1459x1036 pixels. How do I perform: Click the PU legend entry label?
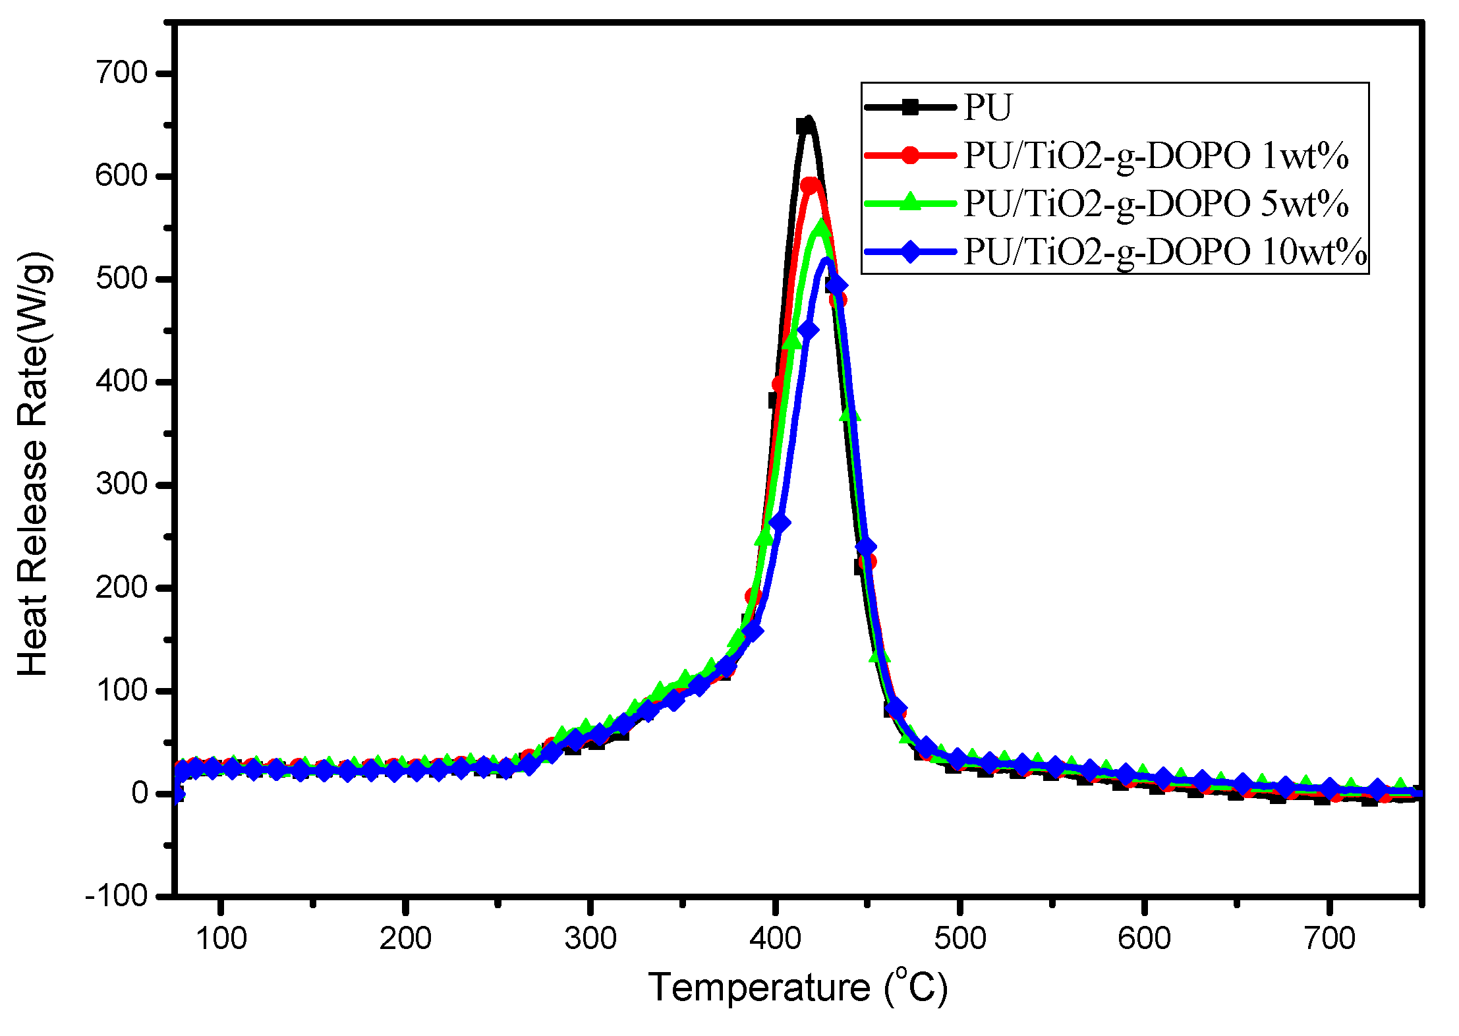987,107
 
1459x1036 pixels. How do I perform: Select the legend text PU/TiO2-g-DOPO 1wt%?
1155,156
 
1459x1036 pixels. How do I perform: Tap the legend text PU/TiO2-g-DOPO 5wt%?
1155,204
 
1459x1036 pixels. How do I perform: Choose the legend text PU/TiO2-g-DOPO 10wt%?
1164,252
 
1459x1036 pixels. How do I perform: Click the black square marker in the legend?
910,107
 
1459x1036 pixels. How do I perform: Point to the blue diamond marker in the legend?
910,252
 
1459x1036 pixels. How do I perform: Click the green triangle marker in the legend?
910,202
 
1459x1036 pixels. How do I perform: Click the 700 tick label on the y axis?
123,72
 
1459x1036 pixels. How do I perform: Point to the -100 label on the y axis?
117,896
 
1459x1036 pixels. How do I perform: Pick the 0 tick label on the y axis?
140,793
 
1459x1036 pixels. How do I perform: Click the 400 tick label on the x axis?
775,938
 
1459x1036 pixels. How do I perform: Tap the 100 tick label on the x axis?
221,938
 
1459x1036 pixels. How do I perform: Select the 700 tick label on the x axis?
1329,938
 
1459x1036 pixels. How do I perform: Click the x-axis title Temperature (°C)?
797,987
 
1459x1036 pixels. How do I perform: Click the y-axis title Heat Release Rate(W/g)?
33,463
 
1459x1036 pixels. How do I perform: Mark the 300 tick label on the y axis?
123,484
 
